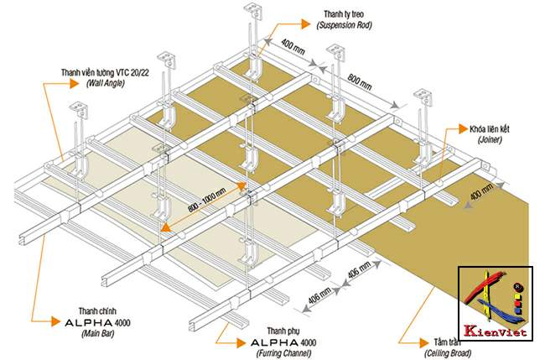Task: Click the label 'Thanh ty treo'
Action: (x=345, y=14)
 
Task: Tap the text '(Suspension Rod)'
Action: (x=345, y=26)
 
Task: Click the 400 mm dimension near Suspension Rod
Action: (x=293, y=43)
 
